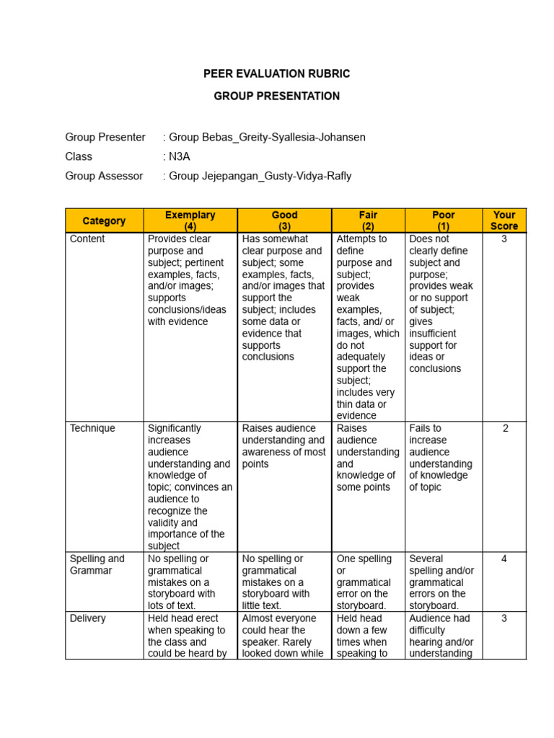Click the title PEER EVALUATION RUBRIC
[277, 74]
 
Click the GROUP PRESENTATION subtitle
[277, 96]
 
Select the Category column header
[104, 221]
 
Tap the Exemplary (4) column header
[190, 221]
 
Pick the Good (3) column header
[284, 221]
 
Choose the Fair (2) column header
[368, 221]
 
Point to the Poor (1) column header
[443, 221]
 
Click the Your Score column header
[504, 221]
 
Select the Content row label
[87, 239]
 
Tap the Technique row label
[92, 429]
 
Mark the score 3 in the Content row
[504, 239]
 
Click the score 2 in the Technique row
[505, 429]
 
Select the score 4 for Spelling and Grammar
[504, 559]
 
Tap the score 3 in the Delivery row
[504, 618]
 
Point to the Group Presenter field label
[105, 137]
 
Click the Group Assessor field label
[104, 176]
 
